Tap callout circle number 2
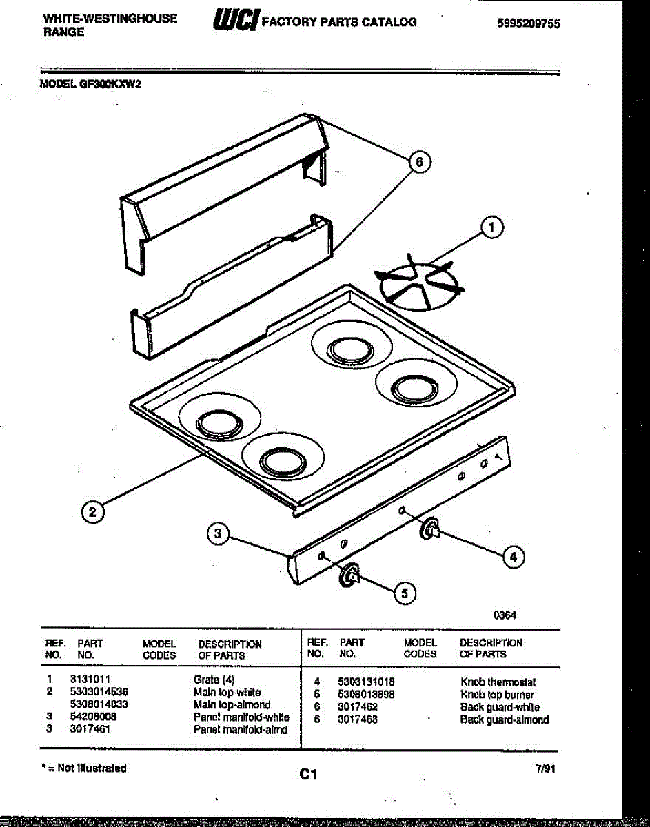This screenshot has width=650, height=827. [x=91, y=511]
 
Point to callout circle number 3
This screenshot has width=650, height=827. [x=218, y=533]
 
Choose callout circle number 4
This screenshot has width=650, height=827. [x=511, y=556]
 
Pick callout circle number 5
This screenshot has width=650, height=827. [x=405, y=592]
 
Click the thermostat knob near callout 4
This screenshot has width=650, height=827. [x=430, y=529]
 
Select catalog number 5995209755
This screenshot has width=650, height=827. [x=528, y=23]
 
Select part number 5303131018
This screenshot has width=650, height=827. [x=366, y=681]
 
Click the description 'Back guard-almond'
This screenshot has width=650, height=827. [x=505, y=720]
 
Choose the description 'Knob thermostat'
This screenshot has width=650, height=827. [x=498, y=682]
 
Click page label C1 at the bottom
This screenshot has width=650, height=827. [x=307, y=775]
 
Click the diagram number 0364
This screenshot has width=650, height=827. [x=505, y=615]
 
